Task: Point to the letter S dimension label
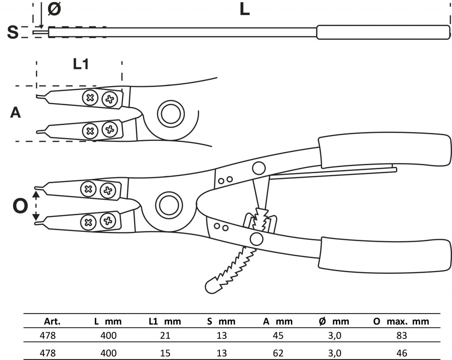13,32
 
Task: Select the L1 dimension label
81,64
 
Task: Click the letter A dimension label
15,113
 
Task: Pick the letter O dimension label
19,206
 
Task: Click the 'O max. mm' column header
401,322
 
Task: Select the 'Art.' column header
53,322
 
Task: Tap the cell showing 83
401,336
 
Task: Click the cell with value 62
278,353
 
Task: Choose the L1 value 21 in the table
165,336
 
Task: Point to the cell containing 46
401,353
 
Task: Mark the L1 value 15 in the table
165,353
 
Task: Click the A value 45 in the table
278,336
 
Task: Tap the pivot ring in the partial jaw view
169,114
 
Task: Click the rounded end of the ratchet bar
212,284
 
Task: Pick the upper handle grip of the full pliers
384,150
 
